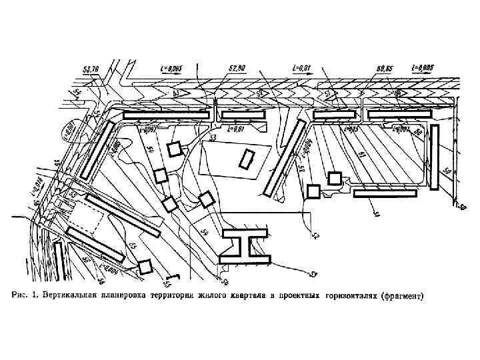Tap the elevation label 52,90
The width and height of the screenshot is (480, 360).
point(237,67)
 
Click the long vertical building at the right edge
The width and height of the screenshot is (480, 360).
point(435,158)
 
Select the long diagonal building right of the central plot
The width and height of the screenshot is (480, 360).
point(281,158)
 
